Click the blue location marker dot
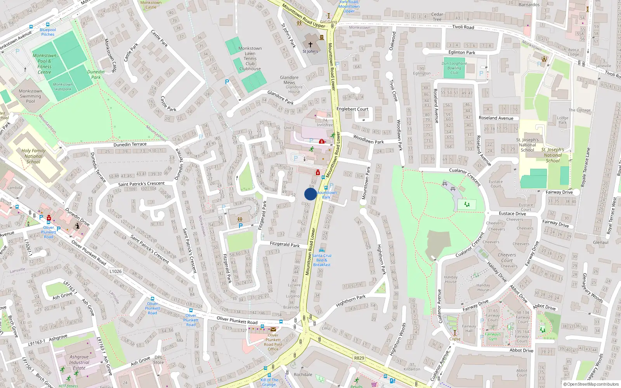coord(310,194)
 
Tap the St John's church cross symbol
coord(310,45)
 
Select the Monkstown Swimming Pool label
coord(30,96)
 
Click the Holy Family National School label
coord(33,156)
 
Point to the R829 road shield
coord(359,358)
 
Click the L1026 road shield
coord(116,271)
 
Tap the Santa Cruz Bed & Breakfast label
coord(322,260)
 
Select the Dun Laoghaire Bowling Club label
coord(454,68)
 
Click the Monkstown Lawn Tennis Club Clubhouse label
coord(250,59)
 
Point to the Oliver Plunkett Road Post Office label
coord(273,342)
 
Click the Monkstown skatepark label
coord(62,87)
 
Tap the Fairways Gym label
coord(493,336)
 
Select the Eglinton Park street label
coord(461,52)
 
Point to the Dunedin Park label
coord(96,74)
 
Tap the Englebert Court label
coord(352,109)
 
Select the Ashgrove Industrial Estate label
coord(79,362)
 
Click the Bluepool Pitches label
coord(48,32)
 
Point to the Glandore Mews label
coord(289,80)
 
